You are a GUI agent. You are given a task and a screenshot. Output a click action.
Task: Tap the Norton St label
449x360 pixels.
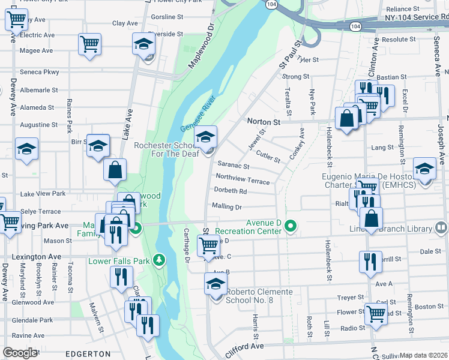tap(264, 122)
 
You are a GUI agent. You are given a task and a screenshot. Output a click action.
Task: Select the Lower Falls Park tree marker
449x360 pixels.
tap(159, 260)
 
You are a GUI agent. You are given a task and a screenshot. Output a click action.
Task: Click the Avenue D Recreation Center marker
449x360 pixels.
tap(291, 226)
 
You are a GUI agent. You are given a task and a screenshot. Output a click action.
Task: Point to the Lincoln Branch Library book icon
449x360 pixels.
tap(441, 227)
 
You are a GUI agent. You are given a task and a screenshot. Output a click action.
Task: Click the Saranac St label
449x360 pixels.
tap(233, 164)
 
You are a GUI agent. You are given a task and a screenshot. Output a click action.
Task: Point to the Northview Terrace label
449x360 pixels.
tap(243, 178)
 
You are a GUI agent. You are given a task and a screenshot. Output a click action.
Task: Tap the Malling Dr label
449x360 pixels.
tap(226, 207)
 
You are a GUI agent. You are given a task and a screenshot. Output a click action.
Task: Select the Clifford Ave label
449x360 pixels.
tap(245, 347)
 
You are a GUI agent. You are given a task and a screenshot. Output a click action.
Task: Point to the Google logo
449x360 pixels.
tap(20, 353)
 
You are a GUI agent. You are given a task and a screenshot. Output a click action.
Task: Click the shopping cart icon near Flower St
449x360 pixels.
tap(376, 313)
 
